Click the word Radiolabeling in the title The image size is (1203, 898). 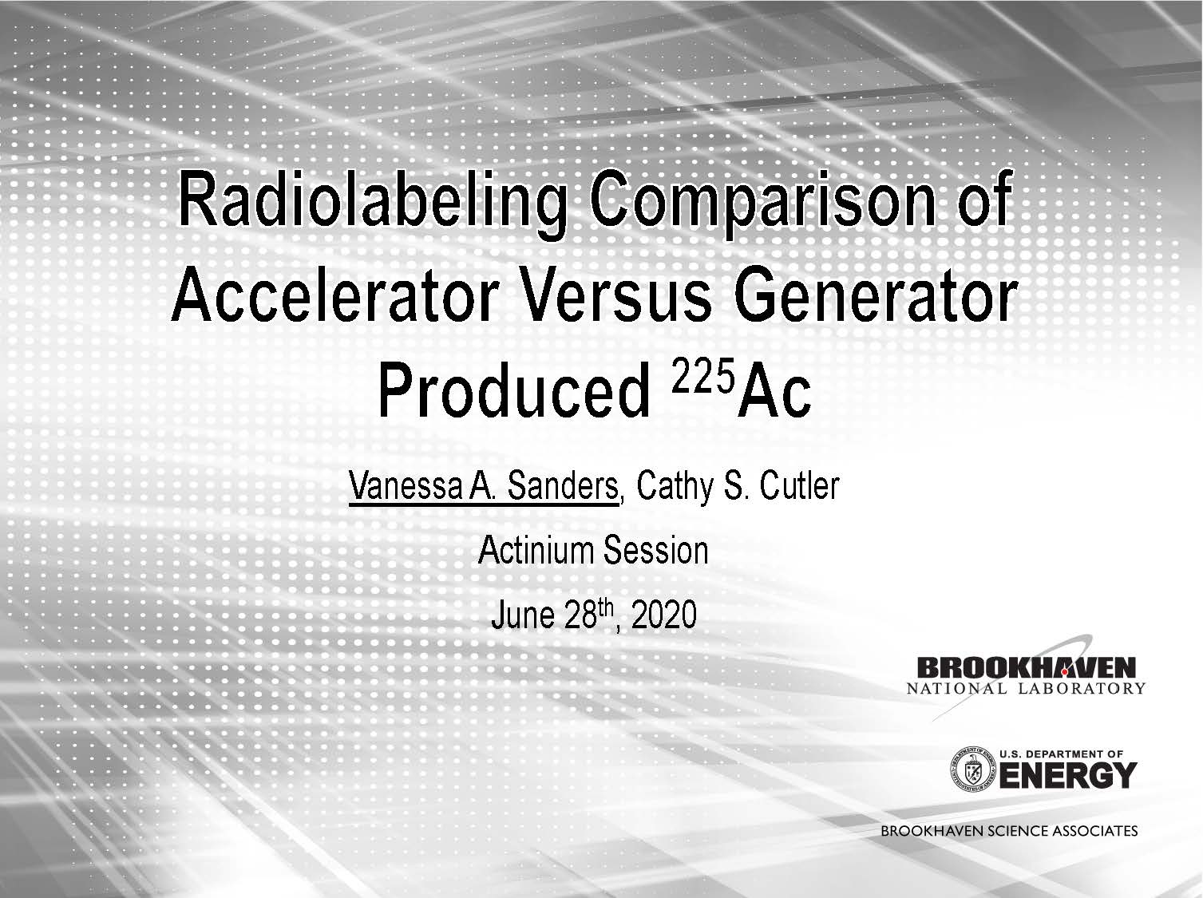[x=371, y=204]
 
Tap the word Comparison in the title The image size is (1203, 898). [x=762, y=204]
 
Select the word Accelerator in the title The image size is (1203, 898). [x=334, y=298]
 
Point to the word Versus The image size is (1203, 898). [x=616, y=298]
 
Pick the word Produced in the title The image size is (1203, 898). [x=514, y=391]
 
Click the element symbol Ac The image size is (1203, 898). [x=774, y=391]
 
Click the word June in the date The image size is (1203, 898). [x=523, y=615]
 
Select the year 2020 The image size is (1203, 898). [x=663, y=615]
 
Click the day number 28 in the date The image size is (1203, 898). [x=580, y=615]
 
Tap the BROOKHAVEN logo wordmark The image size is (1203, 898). [x=1026, y=668]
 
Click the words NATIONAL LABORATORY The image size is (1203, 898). [x=1026, y=688]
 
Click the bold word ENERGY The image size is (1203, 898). [x=1067, y=776]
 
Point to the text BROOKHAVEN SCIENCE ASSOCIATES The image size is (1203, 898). [x=1009, y=831]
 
